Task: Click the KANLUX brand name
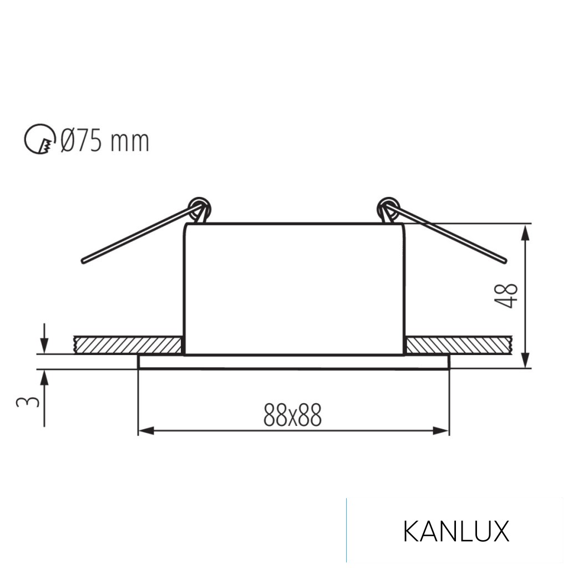click(x=455, y=531)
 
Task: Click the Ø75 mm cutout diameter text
click(x=104, y=141)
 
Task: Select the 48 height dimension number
click(x=510, y=296)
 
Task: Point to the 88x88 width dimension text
click(x=292, y=415)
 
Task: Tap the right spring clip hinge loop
click(x=387, y=208)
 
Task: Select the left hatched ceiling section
click(x=128, y=344)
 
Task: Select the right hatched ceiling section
click(x=458, y=344)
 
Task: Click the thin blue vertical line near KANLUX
click(x=347, y=530)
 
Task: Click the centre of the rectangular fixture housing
click(x=295, y=288)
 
